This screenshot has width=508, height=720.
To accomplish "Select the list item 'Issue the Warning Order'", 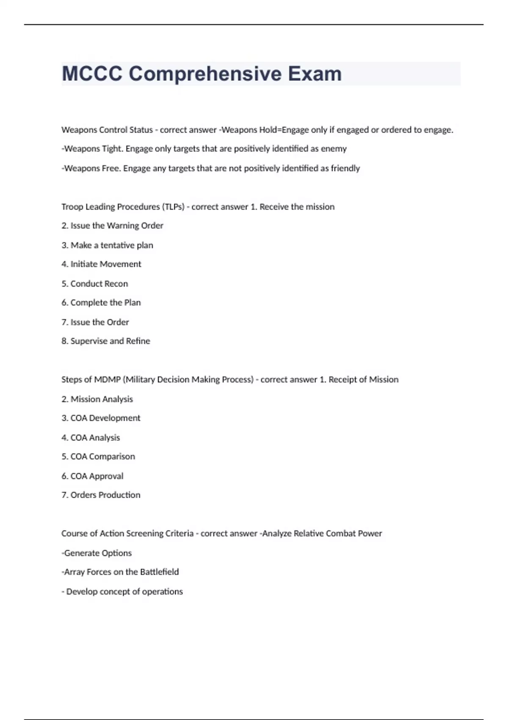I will (112, 226).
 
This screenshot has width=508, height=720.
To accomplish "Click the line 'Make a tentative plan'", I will (107, 245).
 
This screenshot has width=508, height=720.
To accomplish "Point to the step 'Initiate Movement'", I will (101, 264).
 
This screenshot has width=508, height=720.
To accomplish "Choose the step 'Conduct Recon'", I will (94, 284).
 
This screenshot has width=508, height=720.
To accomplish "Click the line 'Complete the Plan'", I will (101, 303).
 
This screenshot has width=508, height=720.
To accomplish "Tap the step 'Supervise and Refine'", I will (105, 341).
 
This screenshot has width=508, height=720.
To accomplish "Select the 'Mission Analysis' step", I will (97, 399).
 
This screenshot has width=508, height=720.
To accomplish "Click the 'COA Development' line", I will (101, 418).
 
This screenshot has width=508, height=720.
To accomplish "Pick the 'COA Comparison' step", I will (98, 457).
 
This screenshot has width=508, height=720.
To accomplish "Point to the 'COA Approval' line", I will (92, 476).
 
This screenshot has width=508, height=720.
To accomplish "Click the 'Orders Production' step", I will (101, 495).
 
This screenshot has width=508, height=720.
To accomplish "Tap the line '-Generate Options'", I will (97, 553).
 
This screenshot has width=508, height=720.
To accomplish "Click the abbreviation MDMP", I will (107, 379).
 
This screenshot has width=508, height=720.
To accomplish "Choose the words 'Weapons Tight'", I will (93, 149).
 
